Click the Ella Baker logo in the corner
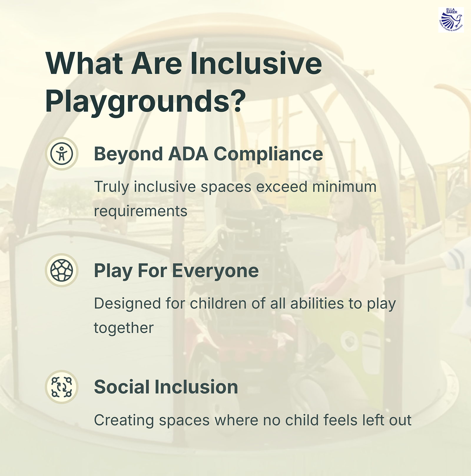451,20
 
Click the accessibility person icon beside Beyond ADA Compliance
62,154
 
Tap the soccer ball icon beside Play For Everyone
62,270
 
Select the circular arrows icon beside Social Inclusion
62,387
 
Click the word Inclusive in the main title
256,63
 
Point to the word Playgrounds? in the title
145,101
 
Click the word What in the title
84,63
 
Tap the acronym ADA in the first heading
188,154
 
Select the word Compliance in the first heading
268,154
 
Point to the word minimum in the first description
344,187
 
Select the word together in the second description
124,328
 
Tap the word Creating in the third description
124,420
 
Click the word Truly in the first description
112,187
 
